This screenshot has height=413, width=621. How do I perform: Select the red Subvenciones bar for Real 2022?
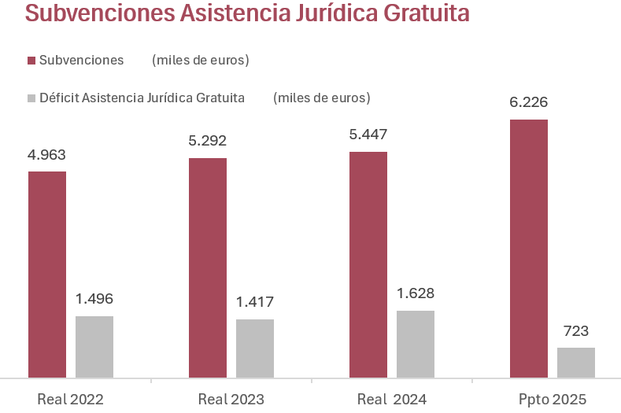(47, 275)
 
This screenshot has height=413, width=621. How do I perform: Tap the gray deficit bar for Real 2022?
(94, 347)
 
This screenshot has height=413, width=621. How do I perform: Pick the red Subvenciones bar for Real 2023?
(208, 268)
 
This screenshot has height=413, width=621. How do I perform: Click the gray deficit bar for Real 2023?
(255, 348)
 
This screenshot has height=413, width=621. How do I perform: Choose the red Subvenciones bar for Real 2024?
(368, 265)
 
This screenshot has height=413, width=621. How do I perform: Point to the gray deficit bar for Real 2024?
(416, 344)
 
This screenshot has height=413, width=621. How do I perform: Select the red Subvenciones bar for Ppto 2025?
(529, 249)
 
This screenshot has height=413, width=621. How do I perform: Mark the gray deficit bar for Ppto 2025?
(576, 363)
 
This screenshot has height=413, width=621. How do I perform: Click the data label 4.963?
(47, 154)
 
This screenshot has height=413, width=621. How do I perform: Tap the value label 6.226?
(529, 102)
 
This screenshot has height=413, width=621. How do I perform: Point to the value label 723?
(576, 330)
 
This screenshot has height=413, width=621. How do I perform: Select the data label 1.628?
(416, 293)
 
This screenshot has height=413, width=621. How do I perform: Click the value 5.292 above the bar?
(208, 142)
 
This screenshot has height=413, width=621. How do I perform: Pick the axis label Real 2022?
(70, 400)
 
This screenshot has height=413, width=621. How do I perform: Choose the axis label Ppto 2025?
(552, 400)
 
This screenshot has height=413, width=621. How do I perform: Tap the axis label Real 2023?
(231, 400)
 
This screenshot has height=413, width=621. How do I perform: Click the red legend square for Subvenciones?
(31, 61)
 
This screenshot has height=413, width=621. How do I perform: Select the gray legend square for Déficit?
(31, 98)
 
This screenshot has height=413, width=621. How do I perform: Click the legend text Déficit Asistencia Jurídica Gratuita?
(142, 98)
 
